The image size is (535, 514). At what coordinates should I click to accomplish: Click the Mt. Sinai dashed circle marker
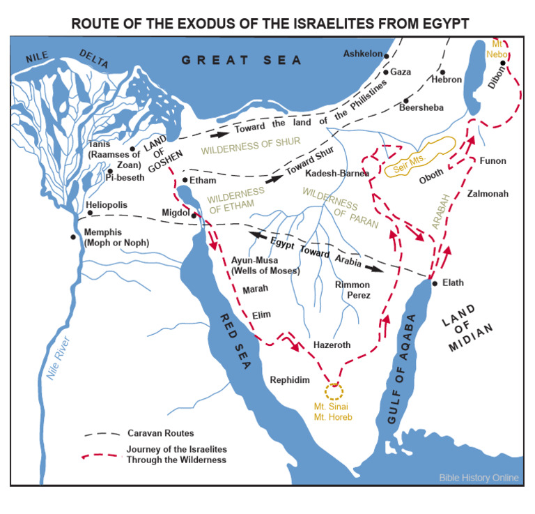334,391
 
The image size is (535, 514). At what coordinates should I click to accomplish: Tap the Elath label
453,283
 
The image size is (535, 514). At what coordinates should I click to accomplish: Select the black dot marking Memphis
73,237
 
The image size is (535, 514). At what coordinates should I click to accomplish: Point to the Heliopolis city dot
90,212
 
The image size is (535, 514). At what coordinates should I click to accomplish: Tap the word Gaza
401,72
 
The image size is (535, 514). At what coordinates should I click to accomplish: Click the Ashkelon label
363,54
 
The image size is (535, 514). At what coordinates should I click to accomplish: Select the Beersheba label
421,107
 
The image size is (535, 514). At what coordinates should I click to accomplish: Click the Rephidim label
289,380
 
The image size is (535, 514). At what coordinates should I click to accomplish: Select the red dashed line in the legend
101,455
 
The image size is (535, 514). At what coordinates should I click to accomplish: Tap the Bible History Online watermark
479,478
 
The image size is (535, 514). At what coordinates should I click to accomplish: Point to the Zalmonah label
488,193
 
